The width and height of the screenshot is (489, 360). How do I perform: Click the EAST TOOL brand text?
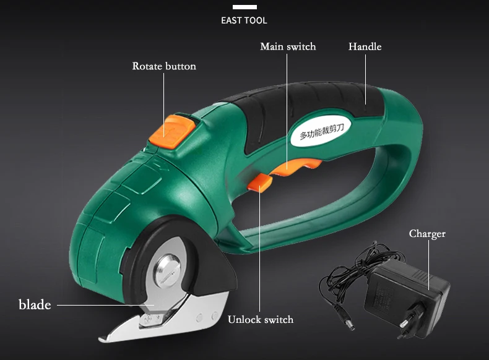[x=244, y=20]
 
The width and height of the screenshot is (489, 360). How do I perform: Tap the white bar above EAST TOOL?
[x=244, y=7]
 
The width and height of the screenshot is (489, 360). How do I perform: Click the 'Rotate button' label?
[x=164, y=66]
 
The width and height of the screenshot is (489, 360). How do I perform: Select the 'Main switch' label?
[x=288, y=47]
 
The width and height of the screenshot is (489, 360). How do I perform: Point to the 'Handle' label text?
[x=365, y=47]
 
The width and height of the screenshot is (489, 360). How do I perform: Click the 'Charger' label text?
[x=427, y=234]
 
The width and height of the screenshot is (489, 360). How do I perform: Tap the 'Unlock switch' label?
[x=261, y=320]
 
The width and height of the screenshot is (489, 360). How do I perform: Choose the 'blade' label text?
[x=35, y=304]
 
